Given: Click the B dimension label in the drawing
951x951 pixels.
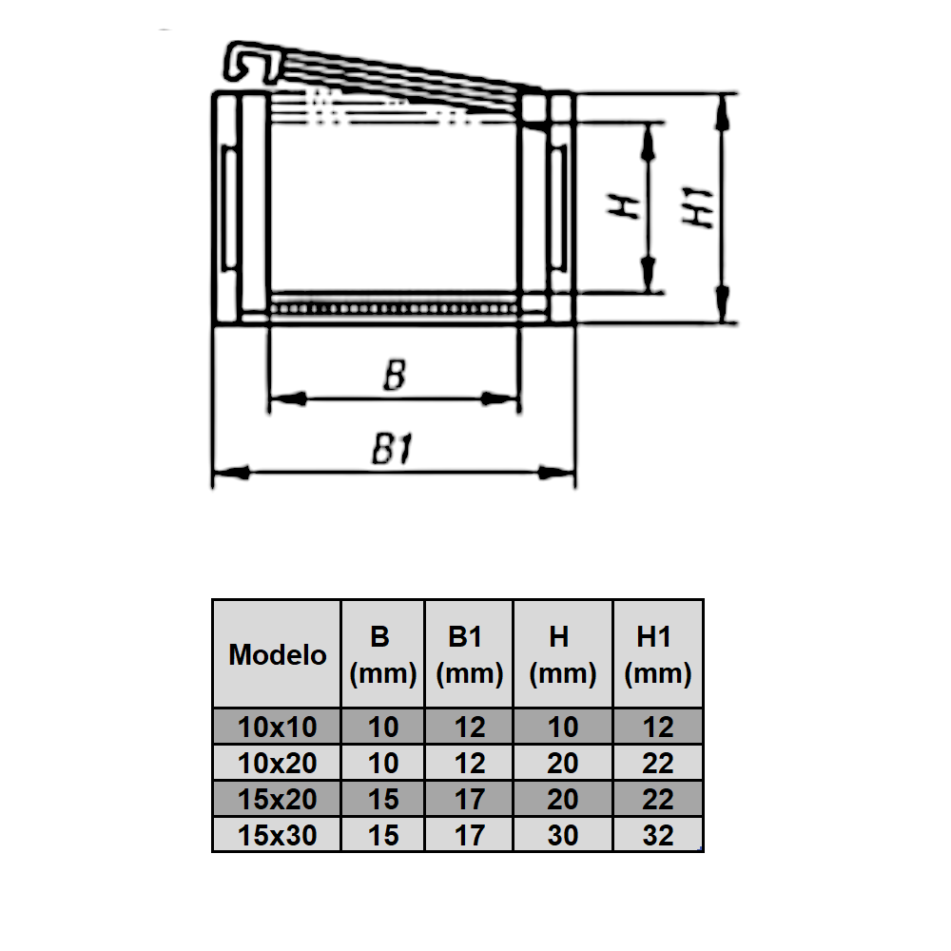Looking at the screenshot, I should click(x=394, y=377).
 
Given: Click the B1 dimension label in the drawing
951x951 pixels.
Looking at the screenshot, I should click(x=392, y=450).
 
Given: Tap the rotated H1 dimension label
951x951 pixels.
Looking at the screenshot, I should click(x=700, y=207).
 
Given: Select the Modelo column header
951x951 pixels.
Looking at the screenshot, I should click(x=277, y=654).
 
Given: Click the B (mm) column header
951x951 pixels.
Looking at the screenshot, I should click(x=382, y=654).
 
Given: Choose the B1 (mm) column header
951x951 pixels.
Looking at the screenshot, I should click(x=469, y=654).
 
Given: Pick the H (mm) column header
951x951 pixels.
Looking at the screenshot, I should click(x=563, y=654).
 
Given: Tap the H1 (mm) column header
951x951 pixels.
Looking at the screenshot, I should click(x=657, y=654).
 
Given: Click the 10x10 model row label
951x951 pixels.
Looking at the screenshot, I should click(x=277, y=728).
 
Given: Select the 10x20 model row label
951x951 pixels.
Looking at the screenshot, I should click(x=277, y=763).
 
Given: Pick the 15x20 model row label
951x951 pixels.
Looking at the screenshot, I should click(x=277, y=799).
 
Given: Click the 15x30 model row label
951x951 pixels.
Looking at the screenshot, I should click(x=277, y=835).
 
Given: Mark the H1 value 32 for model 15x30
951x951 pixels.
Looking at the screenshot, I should click(x=657, y=835).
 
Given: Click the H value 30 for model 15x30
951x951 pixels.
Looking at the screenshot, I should click(x=563, y=835).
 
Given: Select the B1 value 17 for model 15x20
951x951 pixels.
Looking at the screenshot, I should click(x=469, y=799).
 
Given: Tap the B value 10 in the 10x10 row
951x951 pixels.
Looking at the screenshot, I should click(x=382, y=728).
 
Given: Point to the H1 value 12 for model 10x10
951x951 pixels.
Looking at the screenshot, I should click(x=657, y=728).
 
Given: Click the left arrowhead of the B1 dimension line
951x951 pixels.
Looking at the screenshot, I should click(x=228, y=472).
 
